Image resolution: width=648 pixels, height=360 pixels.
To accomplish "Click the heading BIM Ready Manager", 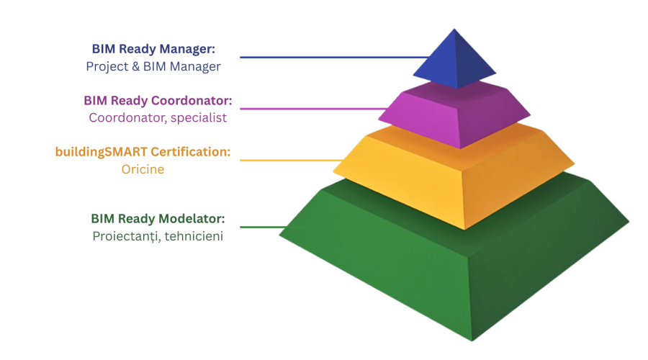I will [153, 50].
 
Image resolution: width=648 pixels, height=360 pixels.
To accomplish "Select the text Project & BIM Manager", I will [153, 66].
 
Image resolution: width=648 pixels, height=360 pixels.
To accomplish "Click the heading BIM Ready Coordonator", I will [158, 100].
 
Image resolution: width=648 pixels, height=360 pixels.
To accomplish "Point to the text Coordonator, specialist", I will [158, 117].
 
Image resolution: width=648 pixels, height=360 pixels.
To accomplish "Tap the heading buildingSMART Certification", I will [143, 153].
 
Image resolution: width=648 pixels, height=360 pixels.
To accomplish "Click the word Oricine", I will [143, 170].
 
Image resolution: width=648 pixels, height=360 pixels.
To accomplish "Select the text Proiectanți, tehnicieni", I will [158, 235].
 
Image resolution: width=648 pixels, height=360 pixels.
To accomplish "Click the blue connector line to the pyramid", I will [331, 58].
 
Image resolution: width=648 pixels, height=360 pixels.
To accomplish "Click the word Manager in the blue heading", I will [192, 50].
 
